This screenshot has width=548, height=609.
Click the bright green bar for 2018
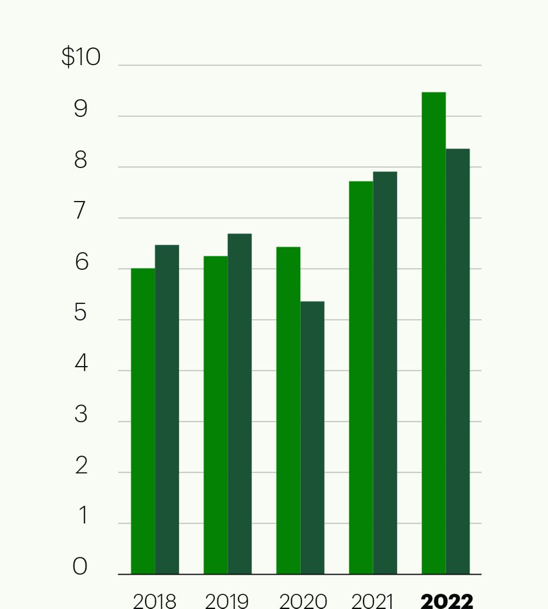pyautogui.click(x=143, y=420)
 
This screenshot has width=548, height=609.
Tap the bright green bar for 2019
pyautogui.click(x=216, y=415)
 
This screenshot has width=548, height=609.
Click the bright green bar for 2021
pyautogui.click(x=360, y=378)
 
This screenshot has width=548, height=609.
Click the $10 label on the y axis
pyautogui.click(x=81, y=57)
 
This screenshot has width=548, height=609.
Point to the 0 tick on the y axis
pyautogui.click(x=80, y=567)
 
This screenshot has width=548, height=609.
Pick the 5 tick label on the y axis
pyautogui.click(x=81, y=313)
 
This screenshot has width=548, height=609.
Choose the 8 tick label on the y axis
pyautogui.click(x=81, y=161)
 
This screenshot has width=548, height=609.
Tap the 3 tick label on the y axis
pyautogui.click(x=81, y=415)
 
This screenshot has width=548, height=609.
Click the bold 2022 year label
pyautogui.click(x=447, y=602)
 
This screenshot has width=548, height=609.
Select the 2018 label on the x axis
pyautogui.click(x=155, y=602)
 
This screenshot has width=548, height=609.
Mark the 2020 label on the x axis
pyautogui.click(x=303, y=602)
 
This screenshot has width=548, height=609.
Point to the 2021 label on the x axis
pyautogui.click(x=373, y=602)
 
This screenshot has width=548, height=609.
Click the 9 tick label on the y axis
pyautogui.click(x=81, y=110)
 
